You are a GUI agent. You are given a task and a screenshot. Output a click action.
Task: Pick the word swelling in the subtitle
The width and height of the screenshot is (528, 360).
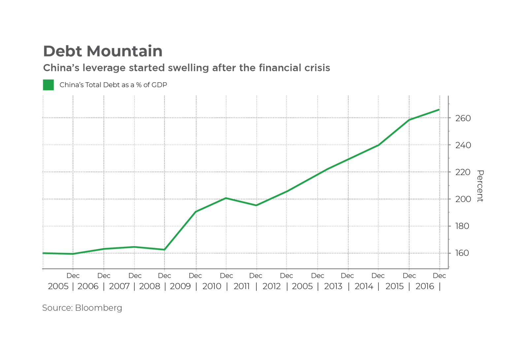(x=188, y=68)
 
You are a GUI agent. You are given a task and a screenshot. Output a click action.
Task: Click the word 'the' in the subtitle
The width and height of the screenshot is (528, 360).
(x=247, y=68)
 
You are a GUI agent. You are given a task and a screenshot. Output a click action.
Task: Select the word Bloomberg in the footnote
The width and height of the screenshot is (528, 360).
(x=98, y=308)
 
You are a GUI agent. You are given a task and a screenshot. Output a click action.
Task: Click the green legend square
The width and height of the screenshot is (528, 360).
(x=48, y=85)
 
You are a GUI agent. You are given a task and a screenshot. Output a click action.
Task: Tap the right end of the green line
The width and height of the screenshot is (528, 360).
(x=439, y=109)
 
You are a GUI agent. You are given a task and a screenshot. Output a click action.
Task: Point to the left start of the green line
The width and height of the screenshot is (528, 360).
(x=43, y=253)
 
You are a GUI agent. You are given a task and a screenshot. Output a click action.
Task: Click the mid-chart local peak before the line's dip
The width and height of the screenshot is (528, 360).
(x=226, y=198)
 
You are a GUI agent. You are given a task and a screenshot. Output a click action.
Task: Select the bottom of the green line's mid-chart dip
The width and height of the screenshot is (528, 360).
(x=256, y=205)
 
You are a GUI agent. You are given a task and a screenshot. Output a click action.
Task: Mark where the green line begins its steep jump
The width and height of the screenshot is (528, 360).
(x=165, y=249)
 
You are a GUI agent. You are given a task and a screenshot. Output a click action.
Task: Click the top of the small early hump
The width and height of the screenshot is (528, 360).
(x=134, y=246)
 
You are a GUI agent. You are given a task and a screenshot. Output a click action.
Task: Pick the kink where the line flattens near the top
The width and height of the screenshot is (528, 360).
(x=410, y=119)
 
